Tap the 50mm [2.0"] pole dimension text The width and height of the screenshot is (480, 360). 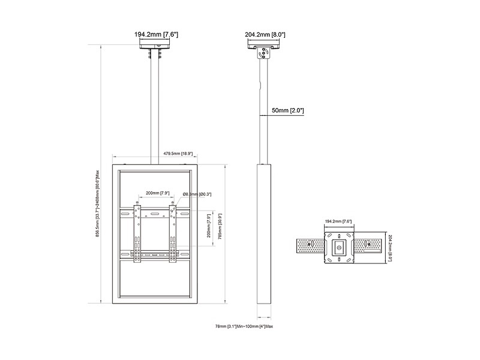click(289, 111)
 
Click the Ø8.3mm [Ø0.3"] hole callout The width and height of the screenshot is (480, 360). click(196, 194)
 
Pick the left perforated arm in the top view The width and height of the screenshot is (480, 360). click(310, 246)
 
